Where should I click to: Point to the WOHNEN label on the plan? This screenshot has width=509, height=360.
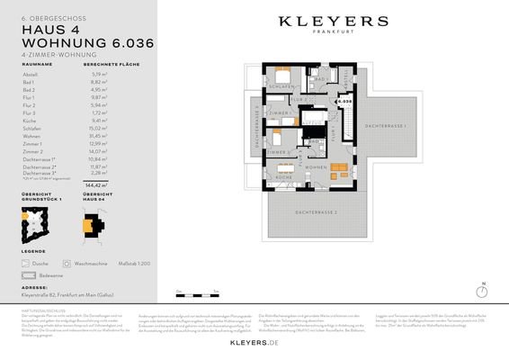tap(315, 168)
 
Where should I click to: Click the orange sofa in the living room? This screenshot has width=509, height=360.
tap(340, 169)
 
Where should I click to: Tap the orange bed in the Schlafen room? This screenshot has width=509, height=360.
tap(282, 74)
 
